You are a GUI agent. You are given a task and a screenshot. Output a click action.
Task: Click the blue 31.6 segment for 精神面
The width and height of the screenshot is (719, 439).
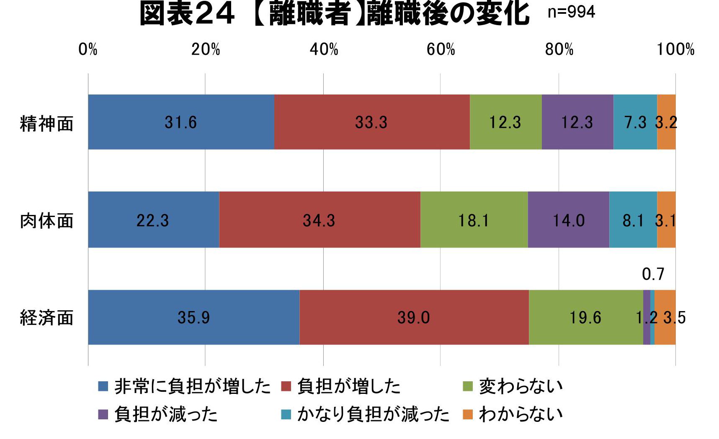pos(181,122)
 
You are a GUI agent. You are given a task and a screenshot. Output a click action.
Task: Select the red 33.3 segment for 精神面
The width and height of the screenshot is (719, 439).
pos(371,122)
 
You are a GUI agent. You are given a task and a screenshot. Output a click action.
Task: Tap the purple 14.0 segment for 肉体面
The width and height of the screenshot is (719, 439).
pos(568,220)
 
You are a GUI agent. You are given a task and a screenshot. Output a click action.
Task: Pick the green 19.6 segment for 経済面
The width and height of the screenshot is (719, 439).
pos(585,317)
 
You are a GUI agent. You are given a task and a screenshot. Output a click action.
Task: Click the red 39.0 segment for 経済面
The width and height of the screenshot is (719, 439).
pos(414,317)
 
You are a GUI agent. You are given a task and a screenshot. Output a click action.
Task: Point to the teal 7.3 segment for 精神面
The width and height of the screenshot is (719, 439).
pos(635,122)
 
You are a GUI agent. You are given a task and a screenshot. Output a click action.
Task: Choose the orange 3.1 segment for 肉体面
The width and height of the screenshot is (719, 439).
pos(666,220)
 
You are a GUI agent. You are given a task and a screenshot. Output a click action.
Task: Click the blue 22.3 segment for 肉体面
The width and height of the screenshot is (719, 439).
pos(153,220)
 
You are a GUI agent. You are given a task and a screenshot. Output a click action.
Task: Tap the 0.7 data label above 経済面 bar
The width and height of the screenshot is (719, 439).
pos(653,274)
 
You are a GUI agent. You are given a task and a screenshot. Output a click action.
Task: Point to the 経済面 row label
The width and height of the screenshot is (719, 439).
pos(46,318)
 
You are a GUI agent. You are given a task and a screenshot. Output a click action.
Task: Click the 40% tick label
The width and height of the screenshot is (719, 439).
pos(324,50)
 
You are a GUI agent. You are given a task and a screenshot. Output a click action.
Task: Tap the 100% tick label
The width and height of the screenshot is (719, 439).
pos(675,50)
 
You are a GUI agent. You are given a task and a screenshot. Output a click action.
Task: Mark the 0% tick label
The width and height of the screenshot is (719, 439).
pos(88,50)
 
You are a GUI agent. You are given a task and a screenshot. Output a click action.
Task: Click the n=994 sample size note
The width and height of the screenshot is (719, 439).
pos(571,12)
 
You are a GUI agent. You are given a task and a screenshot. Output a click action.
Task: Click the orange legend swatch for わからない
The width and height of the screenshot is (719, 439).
pos(467,414)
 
